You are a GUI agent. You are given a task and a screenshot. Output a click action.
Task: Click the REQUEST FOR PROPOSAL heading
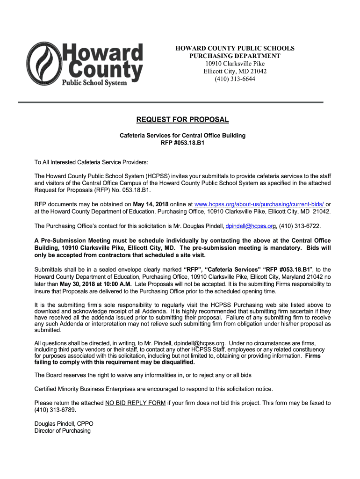pyautogui.click(x=182, y=120)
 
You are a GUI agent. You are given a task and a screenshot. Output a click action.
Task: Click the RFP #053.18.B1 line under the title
pyautogui.click(x=182, y=143)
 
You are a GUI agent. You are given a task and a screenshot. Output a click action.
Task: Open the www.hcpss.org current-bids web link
pyautogui.click(x=259, y=204)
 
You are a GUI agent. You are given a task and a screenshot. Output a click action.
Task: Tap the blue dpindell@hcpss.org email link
pyautogui.click(x=249, y=226)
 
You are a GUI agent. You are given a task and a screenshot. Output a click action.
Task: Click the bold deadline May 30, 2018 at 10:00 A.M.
pyautogui.click(x=95, y=284)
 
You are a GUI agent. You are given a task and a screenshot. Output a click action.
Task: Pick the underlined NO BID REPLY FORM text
pyautogui.click(x=135, y=403)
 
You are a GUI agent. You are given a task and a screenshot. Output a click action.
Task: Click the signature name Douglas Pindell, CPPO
pyautogui.click(x=64, y=424)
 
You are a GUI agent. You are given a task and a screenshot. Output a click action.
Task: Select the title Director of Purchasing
pyautogui.click(x=63, y=431)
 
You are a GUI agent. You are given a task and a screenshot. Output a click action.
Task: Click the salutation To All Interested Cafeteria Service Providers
pyautogui.click(x=91, y=162)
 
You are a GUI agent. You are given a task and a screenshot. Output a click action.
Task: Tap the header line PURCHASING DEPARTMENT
pyautogui.click(x=235, y=56)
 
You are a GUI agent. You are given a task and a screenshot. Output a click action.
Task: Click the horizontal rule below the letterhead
pyautogui.click(x=170, y=102)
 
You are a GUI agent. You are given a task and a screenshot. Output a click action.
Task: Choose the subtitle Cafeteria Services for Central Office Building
pyautogui.click(x=182, y=136)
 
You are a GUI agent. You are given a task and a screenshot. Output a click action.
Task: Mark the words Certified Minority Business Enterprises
pyautogui.click(x=90, y=389)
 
